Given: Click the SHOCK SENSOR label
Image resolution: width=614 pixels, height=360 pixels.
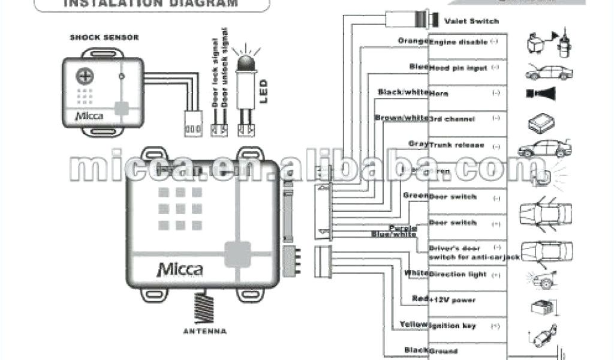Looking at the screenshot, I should pos(104,37).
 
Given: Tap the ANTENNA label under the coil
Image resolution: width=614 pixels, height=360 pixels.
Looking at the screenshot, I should pos(205,331).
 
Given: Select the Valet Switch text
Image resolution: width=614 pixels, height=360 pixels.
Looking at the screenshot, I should pos(471,21).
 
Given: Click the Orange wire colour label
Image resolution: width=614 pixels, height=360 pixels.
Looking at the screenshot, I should pos(412,41).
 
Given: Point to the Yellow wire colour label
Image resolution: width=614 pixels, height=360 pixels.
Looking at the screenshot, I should pos(414,325).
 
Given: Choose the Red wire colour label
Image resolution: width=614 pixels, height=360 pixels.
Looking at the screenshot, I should pos(419,299).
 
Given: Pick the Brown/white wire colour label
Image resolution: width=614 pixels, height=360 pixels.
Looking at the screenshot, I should pos(401,118).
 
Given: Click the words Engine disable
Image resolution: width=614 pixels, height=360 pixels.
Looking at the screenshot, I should pos(460,42).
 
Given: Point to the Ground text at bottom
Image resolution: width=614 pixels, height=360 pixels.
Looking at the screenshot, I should pos(444,351).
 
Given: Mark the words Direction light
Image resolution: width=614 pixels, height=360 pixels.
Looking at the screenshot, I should pos(458,274).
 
